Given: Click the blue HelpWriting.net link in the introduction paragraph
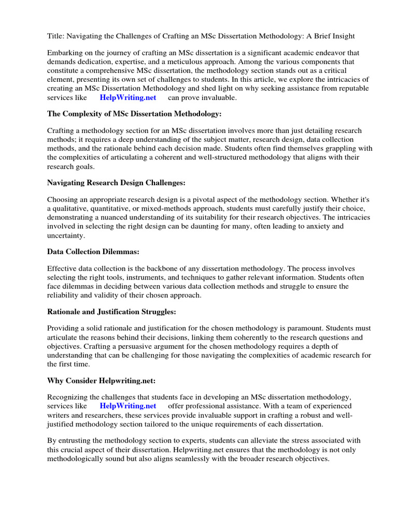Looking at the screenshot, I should click(x=127, y=97).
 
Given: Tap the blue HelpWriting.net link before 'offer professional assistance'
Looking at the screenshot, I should click(x=127, y=406).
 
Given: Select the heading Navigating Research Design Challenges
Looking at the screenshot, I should click(x=116, y=183).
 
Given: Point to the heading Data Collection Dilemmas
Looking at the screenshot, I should click(x=93, y=252).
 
